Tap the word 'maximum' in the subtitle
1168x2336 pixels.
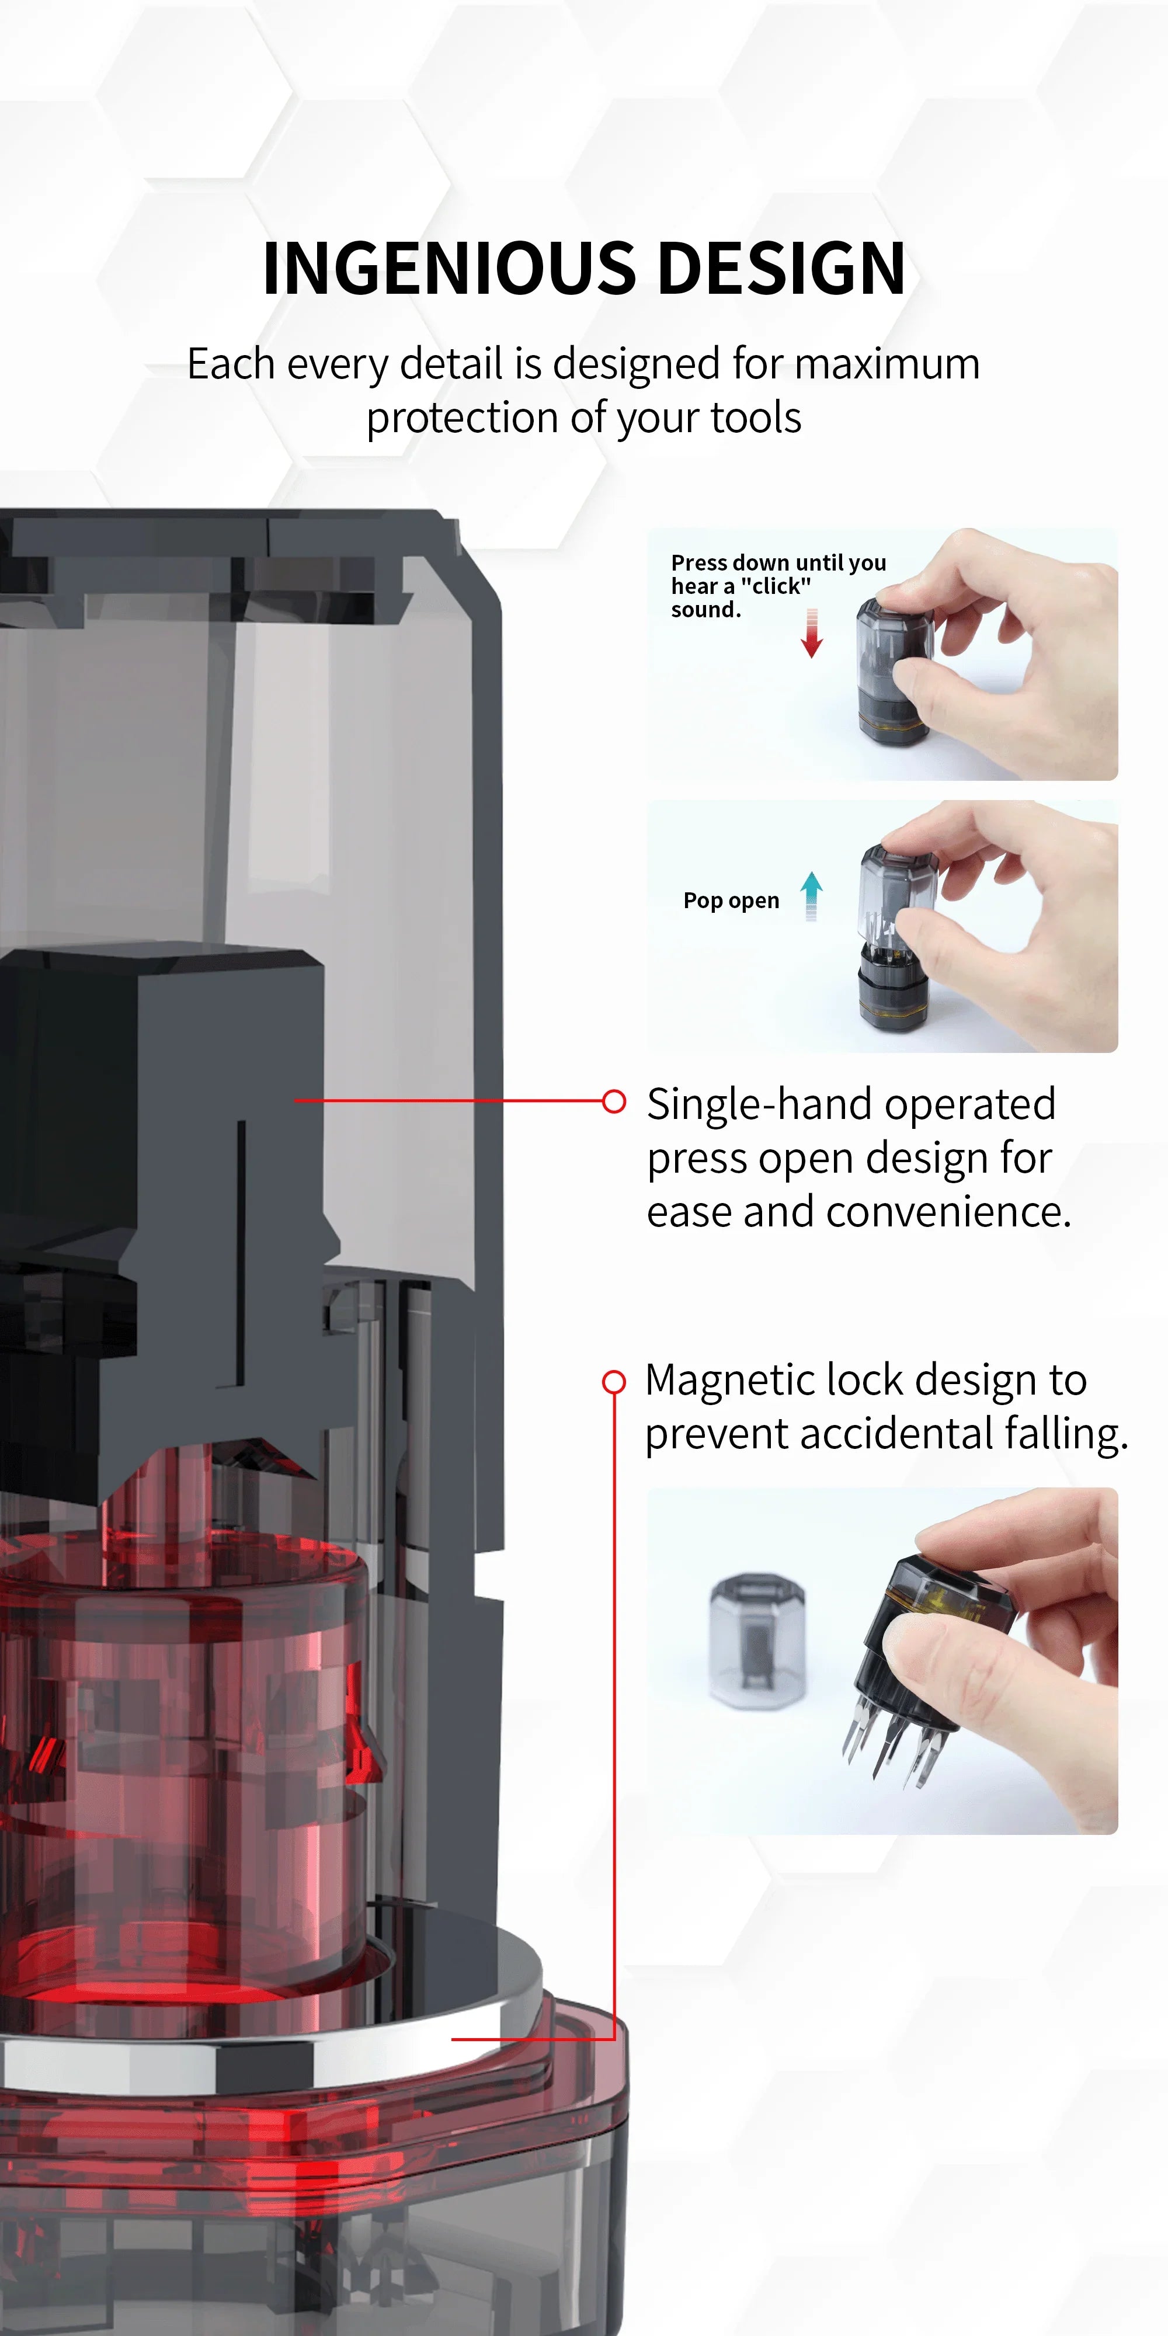point(888,364)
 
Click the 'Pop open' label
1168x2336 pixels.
point(731,901)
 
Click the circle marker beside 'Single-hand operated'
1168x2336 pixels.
point(614,1101)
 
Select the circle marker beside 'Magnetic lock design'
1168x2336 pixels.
point(614,1381)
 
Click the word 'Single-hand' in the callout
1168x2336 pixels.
point(758,1104)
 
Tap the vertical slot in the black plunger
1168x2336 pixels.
point(241,1252)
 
